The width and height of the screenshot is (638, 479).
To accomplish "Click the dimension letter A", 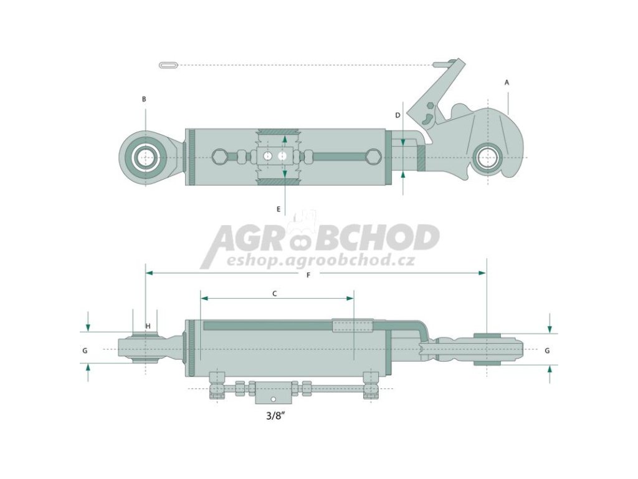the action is click(507, 82).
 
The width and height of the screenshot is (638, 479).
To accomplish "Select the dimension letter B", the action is click(144, 99).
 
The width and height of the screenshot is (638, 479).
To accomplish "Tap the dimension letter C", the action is click(275, 292).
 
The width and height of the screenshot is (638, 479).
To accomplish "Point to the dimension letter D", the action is click(398, 115).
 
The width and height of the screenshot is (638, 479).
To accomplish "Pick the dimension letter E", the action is click(279, 209).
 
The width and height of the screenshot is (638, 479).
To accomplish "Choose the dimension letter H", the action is click(148, 326).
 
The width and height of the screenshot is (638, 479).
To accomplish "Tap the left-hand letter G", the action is click(85, 351).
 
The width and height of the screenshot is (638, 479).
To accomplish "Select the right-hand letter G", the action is click(547, 351).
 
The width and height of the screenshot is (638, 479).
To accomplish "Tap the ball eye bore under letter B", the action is click(146, 157).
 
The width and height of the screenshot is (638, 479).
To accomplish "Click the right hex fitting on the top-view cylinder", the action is click(373, 157).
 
